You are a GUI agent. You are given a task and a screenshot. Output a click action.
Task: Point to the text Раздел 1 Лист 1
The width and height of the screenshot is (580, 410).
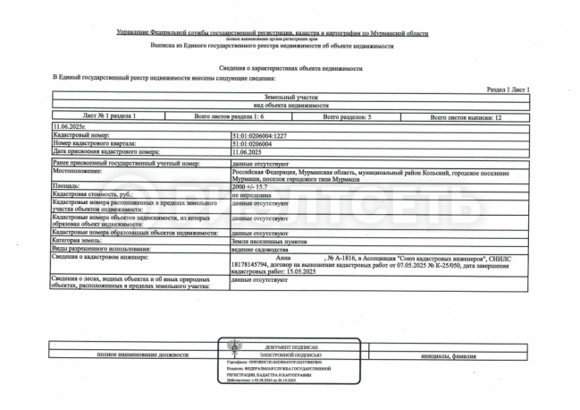(x=509, y=90)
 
